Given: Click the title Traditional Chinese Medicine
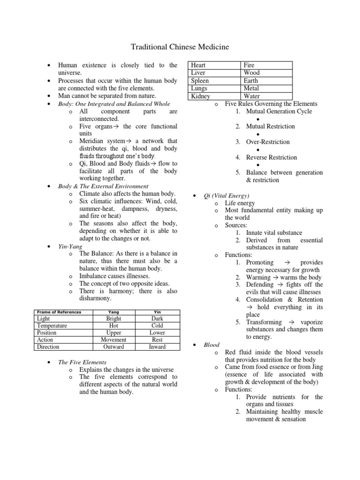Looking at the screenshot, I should (180, 47).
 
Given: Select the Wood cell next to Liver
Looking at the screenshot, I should (252, 73).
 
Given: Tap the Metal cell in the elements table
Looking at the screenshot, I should (251, 89).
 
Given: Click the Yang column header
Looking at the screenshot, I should (113, 312).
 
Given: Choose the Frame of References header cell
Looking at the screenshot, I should (59, 312).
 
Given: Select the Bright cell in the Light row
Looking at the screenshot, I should (113, 319).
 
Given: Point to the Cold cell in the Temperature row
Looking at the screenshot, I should (157, 326).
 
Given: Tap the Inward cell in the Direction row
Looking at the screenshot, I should (157, 347).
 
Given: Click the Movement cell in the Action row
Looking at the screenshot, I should (113, 340).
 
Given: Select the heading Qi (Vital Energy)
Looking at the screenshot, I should (226, 195).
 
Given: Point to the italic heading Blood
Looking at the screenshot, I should (211, 345).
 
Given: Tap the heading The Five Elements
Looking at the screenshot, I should (82, 362).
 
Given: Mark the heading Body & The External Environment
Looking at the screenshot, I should (103, 186).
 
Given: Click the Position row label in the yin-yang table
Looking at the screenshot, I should (46, 333).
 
